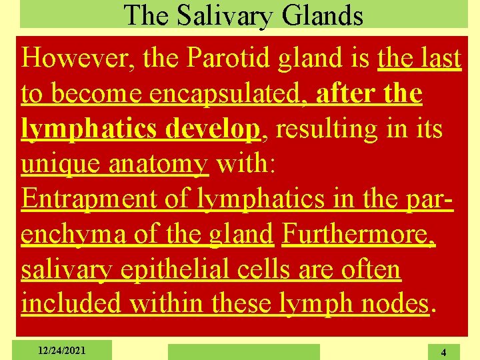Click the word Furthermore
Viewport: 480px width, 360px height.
click(x=359, y=234)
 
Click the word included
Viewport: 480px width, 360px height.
click(x=71, y=304)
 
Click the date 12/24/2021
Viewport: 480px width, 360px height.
click(x=62, y=349)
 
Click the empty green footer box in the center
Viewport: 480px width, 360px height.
click(x=243, y=351)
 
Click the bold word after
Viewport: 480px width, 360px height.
click(x=341, y=95)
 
